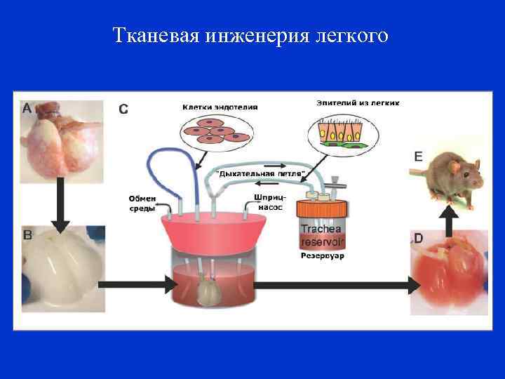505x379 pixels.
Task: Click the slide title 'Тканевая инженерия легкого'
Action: tap(250, 35)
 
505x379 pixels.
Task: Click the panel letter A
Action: tap(27, 109)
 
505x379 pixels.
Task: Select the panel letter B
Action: tap(28, 235)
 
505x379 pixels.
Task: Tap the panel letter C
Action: tap(123, 109)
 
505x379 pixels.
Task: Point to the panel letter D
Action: tap(418, 239)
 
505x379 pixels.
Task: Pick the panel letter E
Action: tap(418, 157)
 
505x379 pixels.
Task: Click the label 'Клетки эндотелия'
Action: tap(220, 107)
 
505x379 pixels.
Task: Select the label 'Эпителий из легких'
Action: tap(358, 102)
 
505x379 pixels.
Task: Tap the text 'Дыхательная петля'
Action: tap(260, 173)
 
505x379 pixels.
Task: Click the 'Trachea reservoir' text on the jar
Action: tap(322, 235)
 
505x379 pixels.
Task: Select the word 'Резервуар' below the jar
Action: tap(323, 256)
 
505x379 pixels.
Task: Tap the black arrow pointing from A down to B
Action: tap(61, 204)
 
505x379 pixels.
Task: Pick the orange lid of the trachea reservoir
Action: tap(322, 208)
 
